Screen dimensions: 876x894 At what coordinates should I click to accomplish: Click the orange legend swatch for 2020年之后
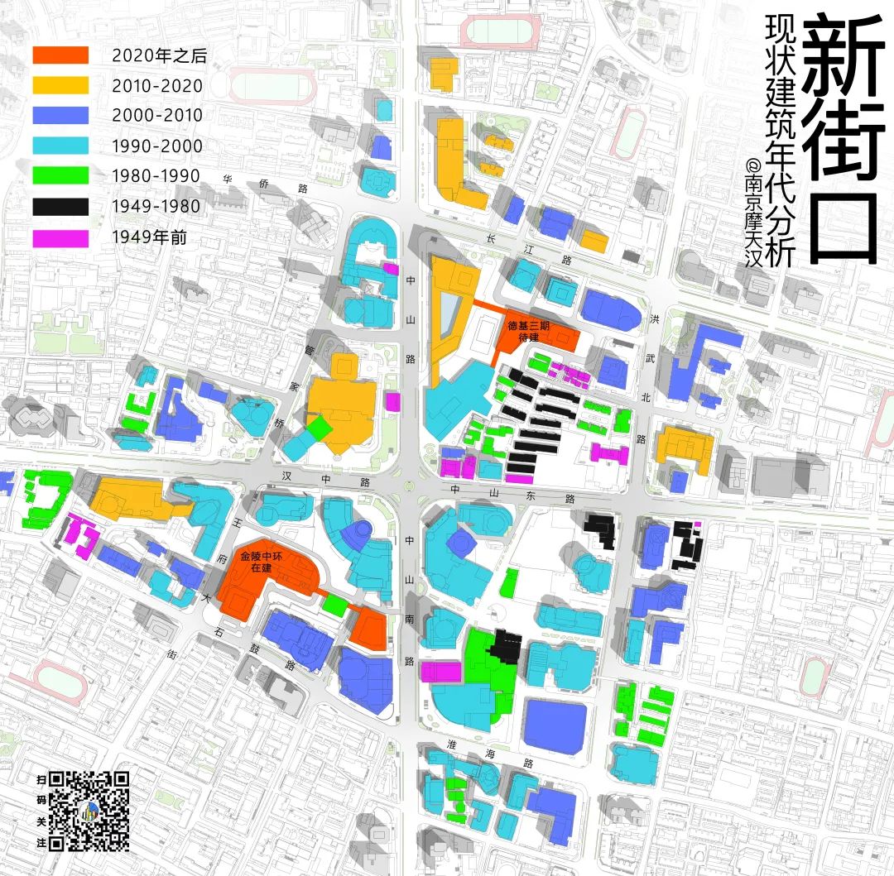coord(60,55)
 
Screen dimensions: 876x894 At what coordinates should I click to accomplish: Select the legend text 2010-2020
coord(157,85)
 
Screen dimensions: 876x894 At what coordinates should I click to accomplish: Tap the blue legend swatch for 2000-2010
coord(60,115)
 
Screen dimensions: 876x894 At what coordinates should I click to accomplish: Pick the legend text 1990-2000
coord(157,146)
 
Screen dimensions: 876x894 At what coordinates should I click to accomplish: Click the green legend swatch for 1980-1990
coord(60,176)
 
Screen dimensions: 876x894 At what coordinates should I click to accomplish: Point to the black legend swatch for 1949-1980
coord(60,207)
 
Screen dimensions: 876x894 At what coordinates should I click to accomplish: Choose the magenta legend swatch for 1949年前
coord(60,237)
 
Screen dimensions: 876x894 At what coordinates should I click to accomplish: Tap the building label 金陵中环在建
coord(261,562)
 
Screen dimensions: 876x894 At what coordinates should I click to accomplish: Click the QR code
coord(89,811)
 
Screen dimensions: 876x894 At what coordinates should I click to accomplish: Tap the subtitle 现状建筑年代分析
coord(780,141)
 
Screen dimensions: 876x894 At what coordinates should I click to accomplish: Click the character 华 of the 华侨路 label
coord(226,178)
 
